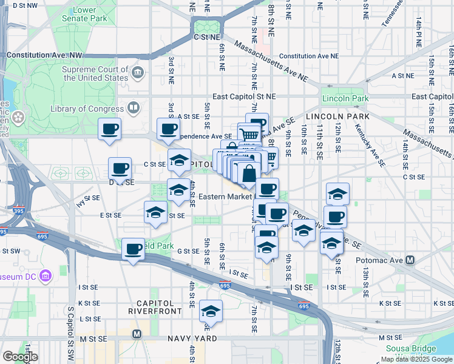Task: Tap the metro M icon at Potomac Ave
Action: (410, 260)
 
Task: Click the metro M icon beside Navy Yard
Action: (137, 334)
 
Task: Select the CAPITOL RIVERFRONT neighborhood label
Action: (155, 307)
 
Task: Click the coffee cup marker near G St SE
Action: (133, 249)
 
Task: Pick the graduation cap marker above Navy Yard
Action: (211, 311)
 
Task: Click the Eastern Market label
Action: (225, 197)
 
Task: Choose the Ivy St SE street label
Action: (88, 198)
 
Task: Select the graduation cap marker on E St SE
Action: (156, 214)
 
